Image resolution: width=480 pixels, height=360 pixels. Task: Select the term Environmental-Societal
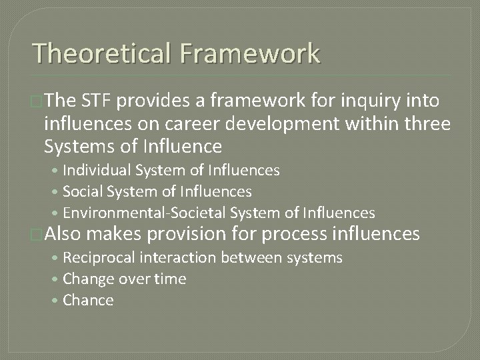tap(138, 213)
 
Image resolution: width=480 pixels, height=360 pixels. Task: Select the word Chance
tap(88, 300)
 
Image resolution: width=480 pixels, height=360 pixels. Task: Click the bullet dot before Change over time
tap(57, 279)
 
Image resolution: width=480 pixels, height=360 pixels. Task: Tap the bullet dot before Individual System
tap(57, 171)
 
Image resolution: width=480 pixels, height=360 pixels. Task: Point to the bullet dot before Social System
tap(57, 192)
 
